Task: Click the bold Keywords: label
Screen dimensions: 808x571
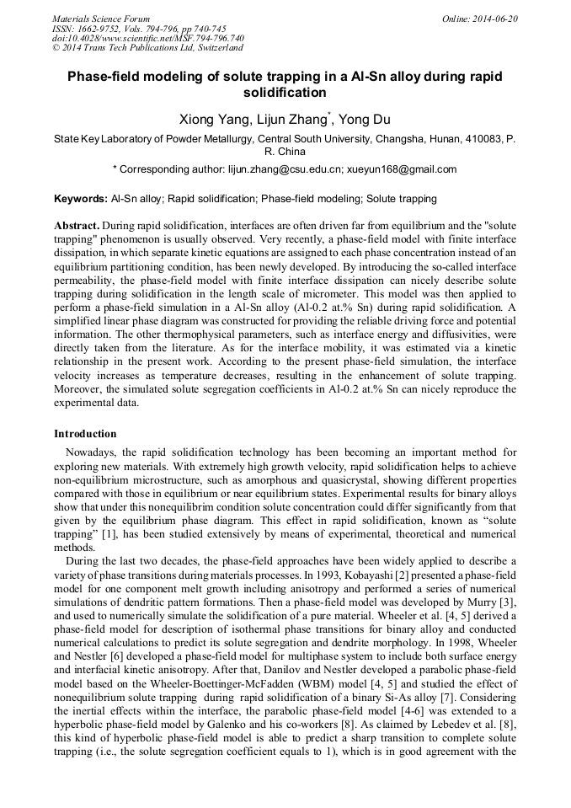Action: (x=80, y=200)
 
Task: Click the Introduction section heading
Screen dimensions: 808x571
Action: (x=85, y=434)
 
